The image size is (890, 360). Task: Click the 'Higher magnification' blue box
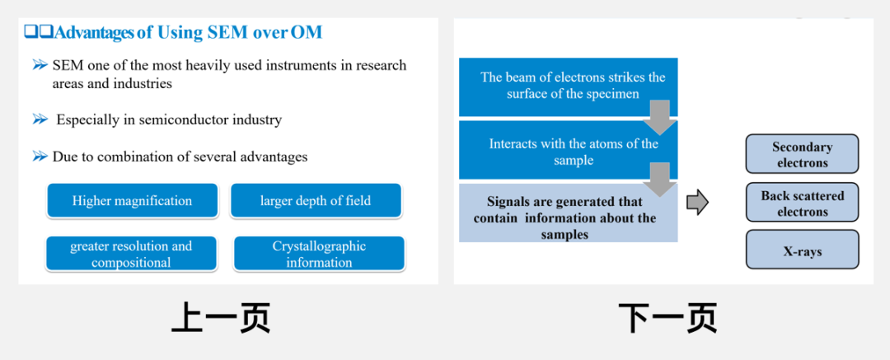[x=132, y=200]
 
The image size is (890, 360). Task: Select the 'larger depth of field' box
[x=316, y=200]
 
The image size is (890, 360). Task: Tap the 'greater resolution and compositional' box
[x=131, y=254]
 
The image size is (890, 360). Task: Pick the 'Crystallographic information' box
[x=319, y=254]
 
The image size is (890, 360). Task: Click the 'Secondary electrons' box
[x=802, y=154]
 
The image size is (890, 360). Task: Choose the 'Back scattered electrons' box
[x=802, y=202]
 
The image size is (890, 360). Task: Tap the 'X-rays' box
[x=802, y=250]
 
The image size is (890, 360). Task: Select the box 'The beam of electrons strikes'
[x=568, y=86]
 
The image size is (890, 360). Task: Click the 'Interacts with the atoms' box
[x=568, y=150]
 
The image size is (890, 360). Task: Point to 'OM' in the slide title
[x=307, y=32]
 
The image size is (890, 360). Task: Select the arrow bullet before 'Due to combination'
[x=40, y=157]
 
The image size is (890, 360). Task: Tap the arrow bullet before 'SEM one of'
[x=40, y=65]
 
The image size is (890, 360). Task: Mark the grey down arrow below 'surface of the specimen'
[x=659, y=117]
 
